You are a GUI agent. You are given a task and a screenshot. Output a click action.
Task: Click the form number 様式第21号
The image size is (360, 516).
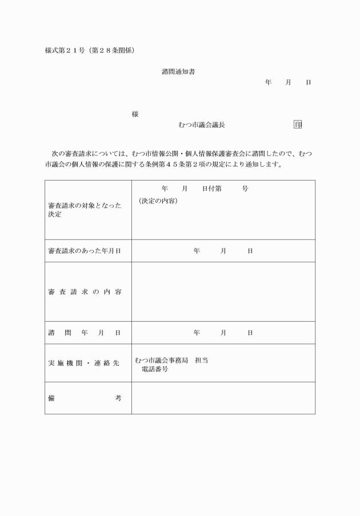63,51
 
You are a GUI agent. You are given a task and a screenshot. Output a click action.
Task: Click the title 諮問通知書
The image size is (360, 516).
179,72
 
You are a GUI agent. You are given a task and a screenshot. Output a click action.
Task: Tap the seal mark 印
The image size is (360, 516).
298,125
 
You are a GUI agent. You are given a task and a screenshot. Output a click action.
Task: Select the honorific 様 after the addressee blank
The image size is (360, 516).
135,114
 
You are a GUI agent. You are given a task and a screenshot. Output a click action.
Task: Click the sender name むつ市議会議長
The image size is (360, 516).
197,125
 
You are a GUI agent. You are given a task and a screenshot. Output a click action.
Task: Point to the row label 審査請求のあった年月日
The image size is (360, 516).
85,251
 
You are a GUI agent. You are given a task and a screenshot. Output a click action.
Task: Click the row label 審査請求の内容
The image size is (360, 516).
85,291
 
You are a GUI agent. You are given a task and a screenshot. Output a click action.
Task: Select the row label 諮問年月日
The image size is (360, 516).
85,333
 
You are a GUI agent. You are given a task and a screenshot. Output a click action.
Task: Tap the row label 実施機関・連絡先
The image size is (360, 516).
85,363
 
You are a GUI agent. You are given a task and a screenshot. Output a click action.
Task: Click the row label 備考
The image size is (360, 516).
85,398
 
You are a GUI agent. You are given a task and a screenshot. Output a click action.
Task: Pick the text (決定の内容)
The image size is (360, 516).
158,201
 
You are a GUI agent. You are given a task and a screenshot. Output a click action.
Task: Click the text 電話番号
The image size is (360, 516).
155,370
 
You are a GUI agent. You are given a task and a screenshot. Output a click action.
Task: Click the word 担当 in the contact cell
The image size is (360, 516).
201,360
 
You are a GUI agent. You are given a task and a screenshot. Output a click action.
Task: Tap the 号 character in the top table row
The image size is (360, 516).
245,189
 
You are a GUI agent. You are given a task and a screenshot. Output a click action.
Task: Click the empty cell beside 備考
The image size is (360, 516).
223,398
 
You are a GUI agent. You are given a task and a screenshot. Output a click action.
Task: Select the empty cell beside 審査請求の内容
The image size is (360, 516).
223,291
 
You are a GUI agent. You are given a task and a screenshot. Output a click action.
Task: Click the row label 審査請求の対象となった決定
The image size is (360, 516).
85,210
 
